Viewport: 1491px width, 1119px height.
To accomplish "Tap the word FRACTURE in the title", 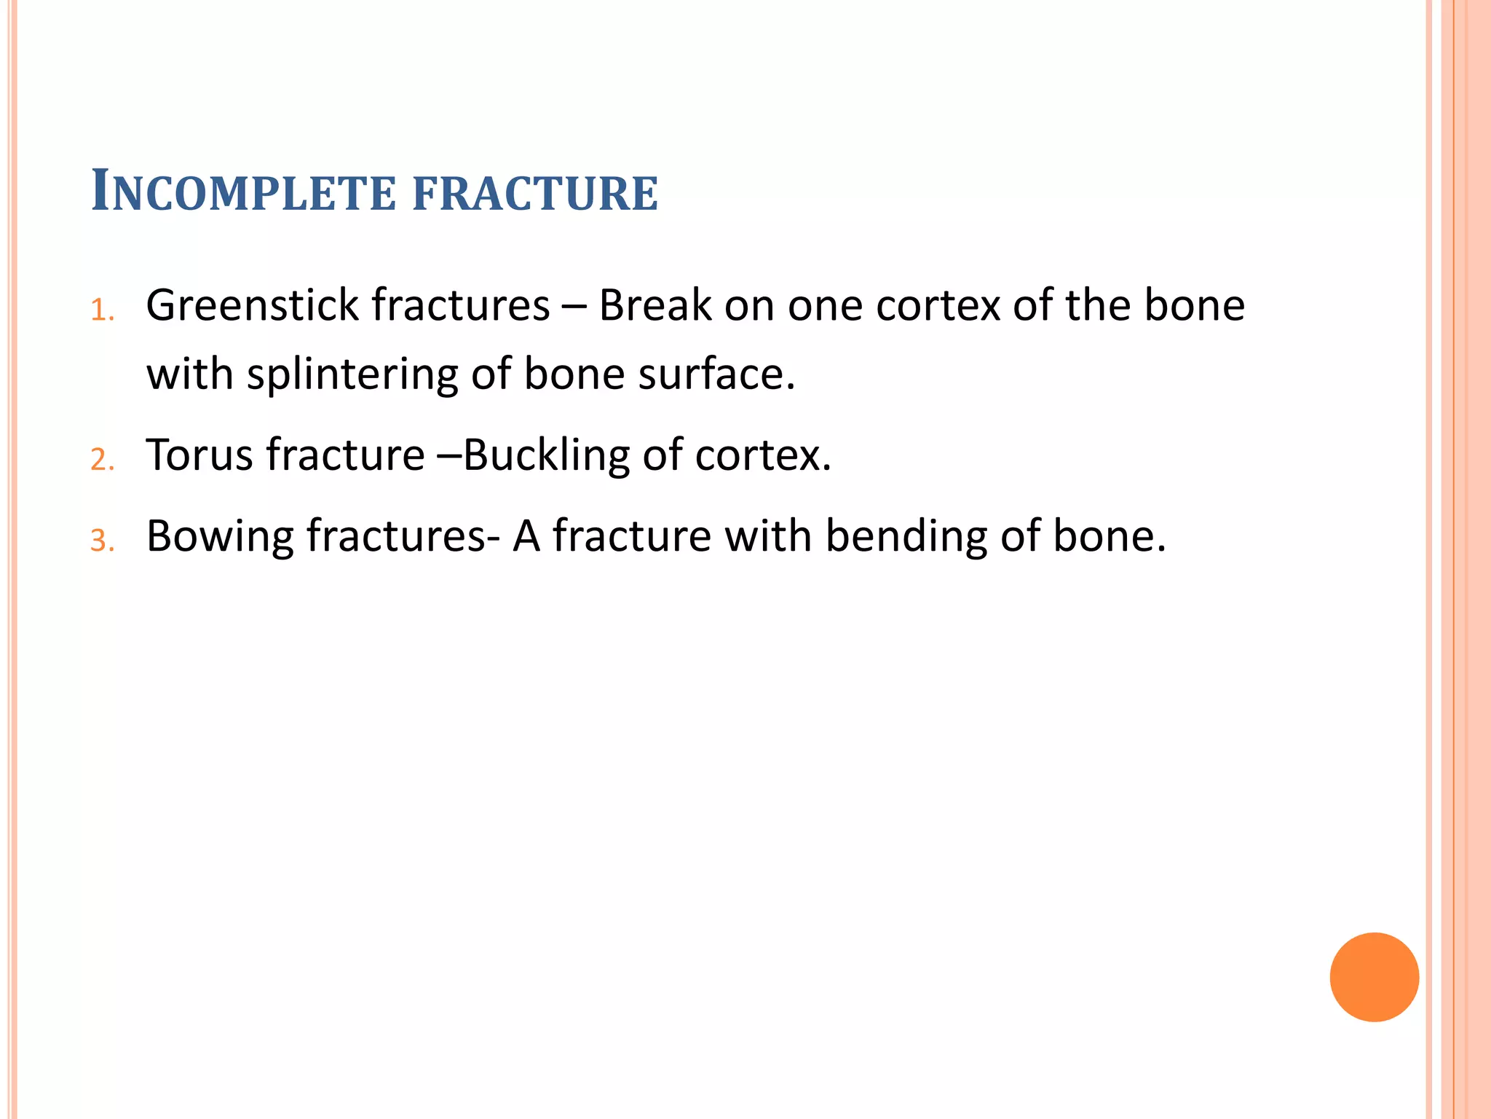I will tap(536, 193).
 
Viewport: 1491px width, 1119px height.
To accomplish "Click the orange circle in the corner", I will tap(1374, 977).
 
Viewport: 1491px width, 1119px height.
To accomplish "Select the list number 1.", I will tap(102, 311).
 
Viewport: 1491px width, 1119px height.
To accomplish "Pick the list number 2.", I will tap(102, 460).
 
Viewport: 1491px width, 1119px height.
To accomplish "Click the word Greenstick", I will tap(253, 305).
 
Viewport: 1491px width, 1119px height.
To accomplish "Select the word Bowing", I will tap(219, 537).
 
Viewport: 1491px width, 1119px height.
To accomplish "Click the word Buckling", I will tap(546, 455).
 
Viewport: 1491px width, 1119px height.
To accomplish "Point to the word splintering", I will tap(352, 374).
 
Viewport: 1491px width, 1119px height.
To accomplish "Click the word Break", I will tap(654, 305).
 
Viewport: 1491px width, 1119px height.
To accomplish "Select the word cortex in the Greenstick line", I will tap(938, 305).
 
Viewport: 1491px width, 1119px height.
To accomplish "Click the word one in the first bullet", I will tap(826, 305).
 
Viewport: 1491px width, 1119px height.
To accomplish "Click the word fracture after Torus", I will tap(345, 455).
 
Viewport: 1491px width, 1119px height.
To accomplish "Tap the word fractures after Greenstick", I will tap(460, 305).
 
